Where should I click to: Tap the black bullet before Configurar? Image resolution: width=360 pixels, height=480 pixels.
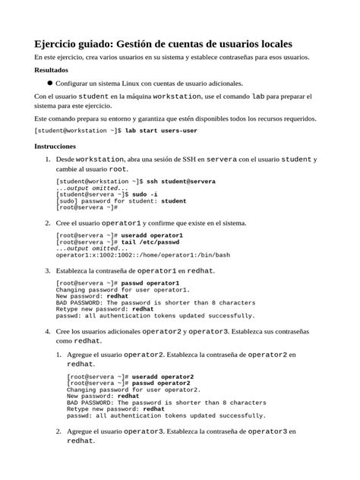coord(49,83)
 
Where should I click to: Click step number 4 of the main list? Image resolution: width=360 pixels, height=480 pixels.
coord(48,332)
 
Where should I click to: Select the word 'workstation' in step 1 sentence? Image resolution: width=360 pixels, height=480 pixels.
coord(100,159)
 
